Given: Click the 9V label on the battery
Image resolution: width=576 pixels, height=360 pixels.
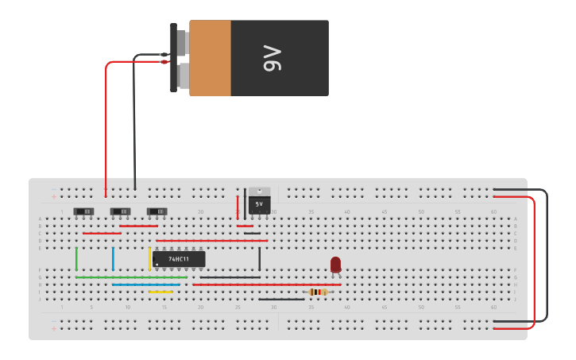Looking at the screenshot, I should tap(272, 58).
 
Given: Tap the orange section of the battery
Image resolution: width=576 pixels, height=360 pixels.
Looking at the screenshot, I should tap(210, 58).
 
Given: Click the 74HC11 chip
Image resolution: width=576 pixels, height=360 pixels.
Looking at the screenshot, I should tap(179, 259).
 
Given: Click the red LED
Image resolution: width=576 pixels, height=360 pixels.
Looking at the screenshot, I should tap(335, 264).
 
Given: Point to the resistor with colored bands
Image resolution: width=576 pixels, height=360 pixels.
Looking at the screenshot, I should tap(318, 292).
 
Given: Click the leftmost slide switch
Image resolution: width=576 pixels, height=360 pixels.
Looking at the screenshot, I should tap(83, 211).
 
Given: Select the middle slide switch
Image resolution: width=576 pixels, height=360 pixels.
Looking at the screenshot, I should tap(120, 211).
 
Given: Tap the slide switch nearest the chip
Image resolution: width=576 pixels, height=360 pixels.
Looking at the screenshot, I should tap(157, 211).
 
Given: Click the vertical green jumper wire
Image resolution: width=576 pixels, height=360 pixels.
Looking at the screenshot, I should tap(76, 259).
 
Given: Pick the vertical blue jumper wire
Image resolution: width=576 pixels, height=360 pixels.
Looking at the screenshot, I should tap(113, 259).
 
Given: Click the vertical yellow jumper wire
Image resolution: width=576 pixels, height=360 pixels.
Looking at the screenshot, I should tap(149, 258).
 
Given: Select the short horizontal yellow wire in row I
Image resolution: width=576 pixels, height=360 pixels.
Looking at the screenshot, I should tap(160, 292).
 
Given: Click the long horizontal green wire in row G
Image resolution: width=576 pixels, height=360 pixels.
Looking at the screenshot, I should tap(131, 277).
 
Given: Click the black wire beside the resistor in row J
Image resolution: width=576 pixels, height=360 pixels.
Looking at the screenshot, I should tap(280, 299).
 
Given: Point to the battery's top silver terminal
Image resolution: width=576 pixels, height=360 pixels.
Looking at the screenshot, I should tap(182, 42).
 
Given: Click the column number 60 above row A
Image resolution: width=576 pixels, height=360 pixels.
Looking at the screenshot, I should tap(493, 212).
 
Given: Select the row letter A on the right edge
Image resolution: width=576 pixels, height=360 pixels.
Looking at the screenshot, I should tap(515, 219).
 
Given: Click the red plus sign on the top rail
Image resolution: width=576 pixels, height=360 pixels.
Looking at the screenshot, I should tap(54, 196).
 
